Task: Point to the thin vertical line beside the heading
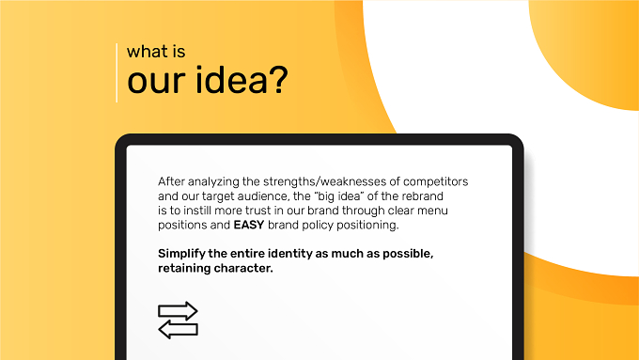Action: click(117, 72)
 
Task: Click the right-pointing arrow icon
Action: click(178, 311)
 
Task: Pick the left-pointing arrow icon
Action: click(178, 329)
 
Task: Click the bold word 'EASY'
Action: click(249, 225)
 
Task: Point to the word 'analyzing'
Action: click(213, 182)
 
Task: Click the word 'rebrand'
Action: click(423, 196)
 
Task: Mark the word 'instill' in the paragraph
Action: click(197, 211)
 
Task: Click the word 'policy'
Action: click(319, 226)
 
